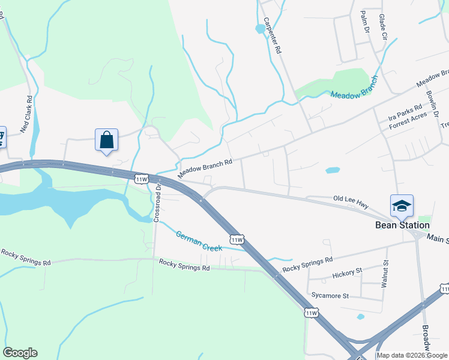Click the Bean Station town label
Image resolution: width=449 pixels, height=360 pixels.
tap(402, 225)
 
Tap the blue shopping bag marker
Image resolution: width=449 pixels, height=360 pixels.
tap(106, 140)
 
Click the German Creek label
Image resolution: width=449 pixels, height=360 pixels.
tap(199, 241)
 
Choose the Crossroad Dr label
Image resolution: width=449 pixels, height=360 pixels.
tap(158, 202)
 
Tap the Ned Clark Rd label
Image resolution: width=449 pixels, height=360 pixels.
tap(26, 114)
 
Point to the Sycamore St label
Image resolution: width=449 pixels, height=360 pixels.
tap(330, 296)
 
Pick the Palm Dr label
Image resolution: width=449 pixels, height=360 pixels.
tap(363, 22)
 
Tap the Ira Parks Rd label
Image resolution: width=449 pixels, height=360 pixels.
tap(401, 113)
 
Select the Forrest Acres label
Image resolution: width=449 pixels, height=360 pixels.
tap(408, 122)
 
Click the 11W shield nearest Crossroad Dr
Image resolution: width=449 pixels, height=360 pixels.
tap(142, 179)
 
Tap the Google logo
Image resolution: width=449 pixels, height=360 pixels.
tap(20, 353)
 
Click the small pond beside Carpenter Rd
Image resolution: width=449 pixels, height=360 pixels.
tap(260, 28)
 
